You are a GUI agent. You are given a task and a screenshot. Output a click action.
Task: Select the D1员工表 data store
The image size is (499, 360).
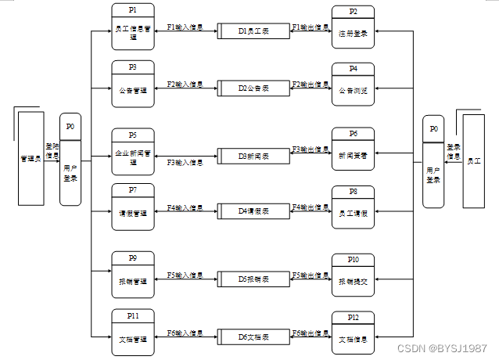(x=253, y=31)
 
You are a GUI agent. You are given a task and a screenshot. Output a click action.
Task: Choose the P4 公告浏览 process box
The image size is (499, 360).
(x=354, y=85)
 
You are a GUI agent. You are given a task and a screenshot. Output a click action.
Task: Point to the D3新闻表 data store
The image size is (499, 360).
(x=253, y=156)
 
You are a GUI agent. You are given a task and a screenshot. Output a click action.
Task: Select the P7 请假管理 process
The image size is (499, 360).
(x=135, y=206)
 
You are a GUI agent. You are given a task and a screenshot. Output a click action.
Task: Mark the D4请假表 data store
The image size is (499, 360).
(x=253, y=211)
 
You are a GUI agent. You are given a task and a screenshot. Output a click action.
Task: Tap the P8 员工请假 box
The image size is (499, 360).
(x=354, y=207)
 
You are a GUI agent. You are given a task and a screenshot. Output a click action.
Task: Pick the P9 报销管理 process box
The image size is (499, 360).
(x=135, y=275)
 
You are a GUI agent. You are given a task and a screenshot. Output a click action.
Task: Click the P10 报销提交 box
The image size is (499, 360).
(x=354, y=276)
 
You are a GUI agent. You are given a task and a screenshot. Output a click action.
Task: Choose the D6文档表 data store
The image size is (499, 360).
(x=253, y=337)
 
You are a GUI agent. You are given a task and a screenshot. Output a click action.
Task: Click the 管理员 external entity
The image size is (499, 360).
(x=31, y=159)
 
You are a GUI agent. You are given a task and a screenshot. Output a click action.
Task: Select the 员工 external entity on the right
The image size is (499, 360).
(x=474, y=160)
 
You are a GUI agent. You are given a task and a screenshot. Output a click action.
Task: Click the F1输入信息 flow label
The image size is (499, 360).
(x=185, y=27)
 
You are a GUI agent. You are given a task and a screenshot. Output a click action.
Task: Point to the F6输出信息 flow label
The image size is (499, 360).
(x=310, y=333)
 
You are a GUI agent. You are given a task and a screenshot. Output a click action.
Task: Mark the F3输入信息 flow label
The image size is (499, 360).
(x=185, y=163)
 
